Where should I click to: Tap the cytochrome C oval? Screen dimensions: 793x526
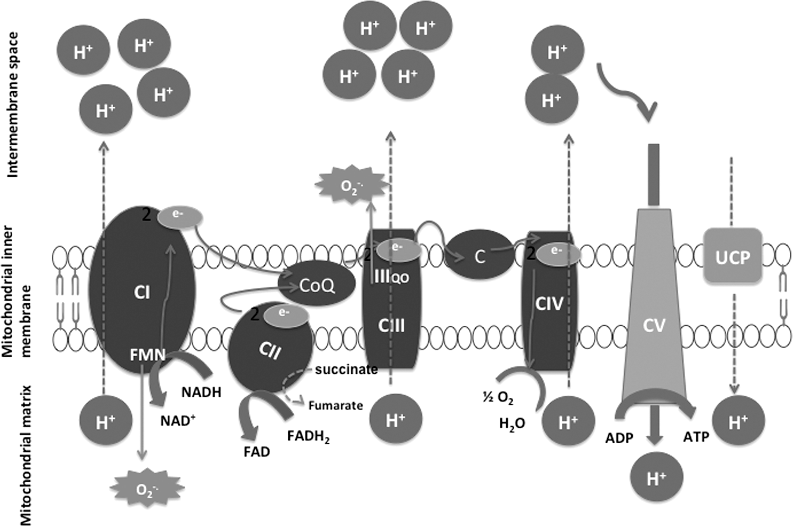tap(480, 257)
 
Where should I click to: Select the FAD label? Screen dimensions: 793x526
tap(257, 452)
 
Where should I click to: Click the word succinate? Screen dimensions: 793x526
tap(346, 369)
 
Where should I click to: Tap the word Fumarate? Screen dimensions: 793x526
tap(336, 406)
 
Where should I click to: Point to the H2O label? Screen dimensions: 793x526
tap(512, 424)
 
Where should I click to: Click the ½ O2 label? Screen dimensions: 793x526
tap(498, 398)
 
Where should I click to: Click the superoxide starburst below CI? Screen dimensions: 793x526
tap(147, 490)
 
